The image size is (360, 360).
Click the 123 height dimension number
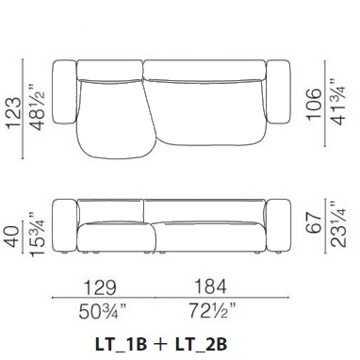click(x=14, y=113)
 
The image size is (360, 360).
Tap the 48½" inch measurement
click(x=36, y=107)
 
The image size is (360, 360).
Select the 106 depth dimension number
click(x=315, y=104)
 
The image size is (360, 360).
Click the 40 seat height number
click(x=13, y=237)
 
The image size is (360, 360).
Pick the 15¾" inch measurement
click(x=37, y=234)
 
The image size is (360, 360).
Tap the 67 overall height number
click(x=314, y=222)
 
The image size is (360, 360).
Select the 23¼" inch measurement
click(x=337, y=223)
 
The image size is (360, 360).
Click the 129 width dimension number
click(x=100, y=287)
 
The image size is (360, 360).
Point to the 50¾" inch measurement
click(x=102, y=312)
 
